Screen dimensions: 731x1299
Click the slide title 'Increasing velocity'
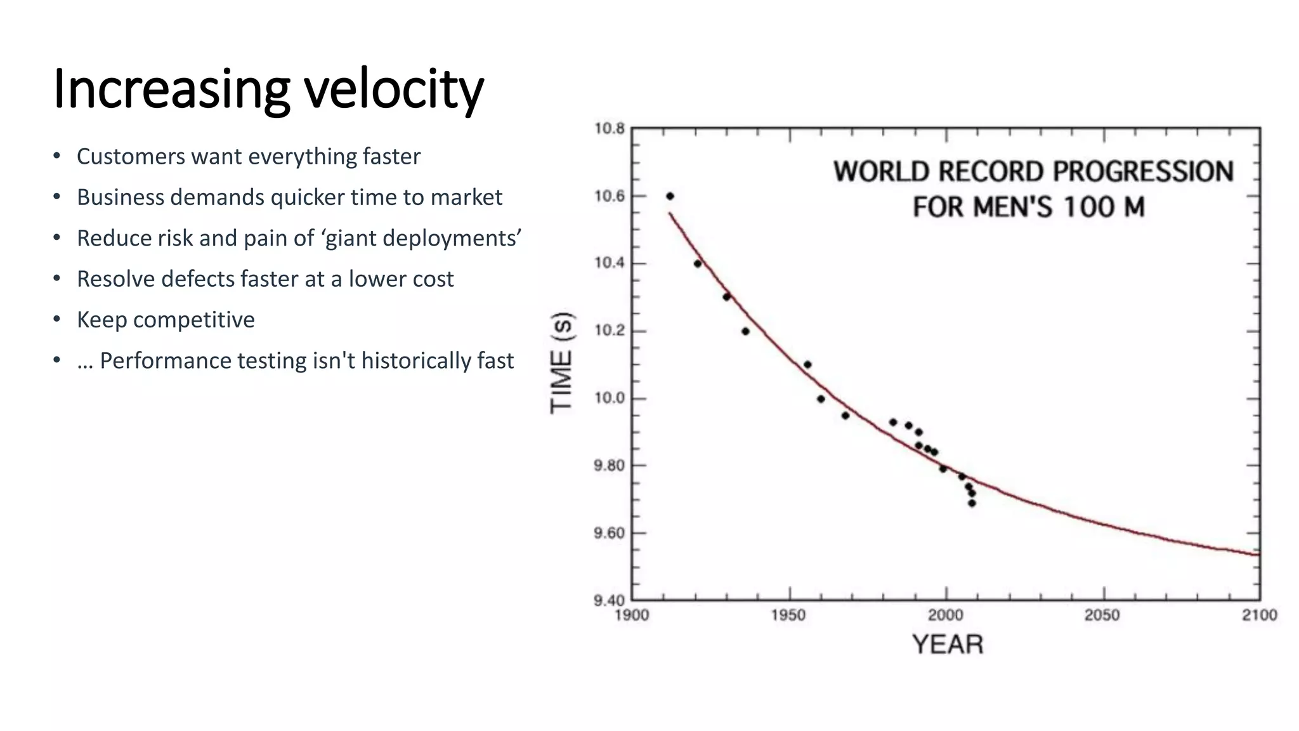(268, 89)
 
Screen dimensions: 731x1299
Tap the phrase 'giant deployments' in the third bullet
(421, 239)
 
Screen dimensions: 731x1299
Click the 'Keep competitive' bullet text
(166, 320)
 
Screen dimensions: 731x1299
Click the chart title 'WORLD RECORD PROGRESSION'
(1033, 172)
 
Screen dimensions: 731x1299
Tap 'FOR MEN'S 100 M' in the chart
(1028, 207)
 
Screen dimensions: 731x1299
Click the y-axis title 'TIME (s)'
(562, 363)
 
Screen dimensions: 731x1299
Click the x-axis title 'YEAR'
(948, 645)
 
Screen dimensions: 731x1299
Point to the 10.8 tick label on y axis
(609, 129)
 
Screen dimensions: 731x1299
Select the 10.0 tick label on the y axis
(609, 398)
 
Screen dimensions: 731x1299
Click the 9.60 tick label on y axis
(609, 533)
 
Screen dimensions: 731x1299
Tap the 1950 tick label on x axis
(788, 616)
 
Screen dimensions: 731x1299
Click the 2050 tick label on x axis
(1102, 616)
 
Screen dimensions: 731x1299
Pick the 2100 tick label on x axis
(1259, 616)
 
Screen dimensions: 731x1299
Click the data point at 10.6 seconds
(670, 196)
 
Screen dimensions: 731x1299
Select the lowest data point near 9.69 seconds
(972, 503)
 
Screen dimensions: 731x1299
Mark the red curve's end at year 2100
(1258, 555)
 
